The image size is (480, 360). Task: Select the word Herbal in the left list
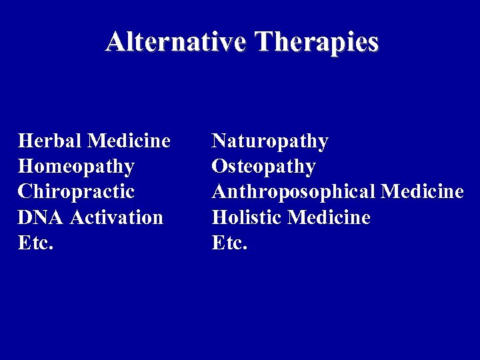click(x=50, y=141)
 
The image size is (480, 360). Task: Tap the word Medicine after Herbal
click(x=129, y=141)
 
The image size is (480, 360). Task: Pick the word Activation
click(x=117, y=217)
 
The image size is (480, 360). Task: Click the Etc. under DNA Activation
click(x=35, y=243)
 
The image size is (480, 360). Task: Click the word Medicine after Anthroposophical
click(x=422, y=192)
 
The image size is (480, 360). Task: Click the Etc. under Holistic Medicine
click(x=229, y=243)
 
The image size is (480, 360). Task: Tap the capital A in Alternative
click(x=115, y=42)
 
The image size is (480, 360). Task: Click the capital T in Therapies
click(x=264, y=42)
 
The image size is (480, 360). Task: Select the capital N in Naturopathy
click(x=219, y=141)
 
